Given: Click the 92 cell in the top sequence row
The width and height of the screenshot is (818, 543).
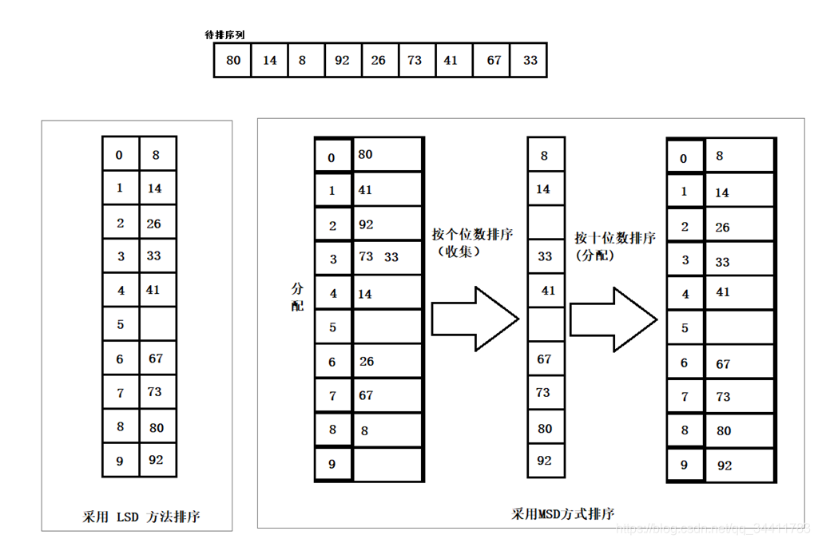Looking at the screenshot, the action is (343, 61).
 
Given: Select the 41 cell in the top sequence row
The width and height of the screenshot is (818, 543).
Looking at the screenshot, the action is (451, 61).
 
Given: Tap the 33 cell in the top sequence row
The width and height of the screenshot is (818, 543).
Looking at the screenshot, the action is (530, 61).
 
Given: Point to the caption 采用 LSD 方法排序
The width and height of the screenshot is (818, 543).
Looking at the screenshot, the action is (141, 517).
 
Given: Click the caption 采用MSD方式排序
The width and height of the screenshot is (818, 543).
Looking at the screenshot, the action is (562, 513).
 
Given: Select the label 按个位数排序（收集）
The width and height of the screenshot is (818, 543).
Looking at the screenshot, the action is (472, 242).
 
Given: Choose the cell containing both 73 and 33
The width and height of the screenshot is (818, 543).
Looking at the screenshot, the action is (387, 258).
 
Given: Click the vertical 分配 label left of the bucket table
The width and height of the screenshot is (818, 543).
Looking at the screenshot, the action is (298, 295).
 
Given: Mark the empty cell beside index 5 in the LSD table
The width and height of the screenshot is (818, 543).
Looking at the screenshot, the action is (157, 324).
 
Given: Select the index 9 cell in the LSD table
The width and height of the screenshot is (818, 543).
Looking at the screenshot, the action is (121, 460).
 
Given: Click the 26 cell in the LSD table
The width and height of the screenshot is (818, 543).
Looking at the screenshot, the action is (157, 224).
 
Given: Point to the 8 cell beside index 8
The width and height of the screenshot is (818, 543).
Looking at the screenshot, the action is (387, 430).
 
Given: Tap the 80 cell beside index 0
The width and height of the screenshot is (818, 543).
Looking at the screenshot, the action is (387, 155).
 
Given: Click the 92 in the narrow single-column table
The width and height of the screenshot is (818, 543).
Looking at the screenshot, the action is (545, 461).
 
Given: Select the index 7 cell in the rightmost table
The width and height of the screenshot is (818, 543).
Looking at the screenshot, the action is (685, 397).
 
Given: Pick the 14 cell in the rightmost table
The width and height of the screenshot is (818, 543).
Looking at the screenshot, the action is (739, 192).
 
